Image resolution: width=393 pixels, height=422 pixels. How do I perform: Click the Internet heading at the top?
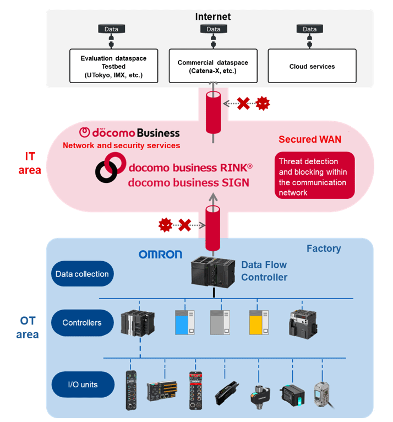click(x=213, y=17)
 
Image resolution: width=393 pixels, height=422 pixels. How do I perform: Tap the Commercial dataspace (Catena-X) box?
click(x=212, y=67)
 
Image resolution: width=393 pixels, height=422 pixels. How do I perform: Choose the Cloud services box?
click(x=312, y=67)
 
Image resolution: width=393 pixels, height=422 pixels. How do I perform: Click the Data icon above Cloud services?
click(x=309, y=29)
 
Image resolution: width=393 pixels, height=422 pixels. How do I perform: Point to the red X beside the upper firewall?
click(x=243, y=102)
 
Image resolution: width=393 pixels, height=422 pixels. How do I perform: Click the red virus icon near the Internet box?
click(x=264, y=102)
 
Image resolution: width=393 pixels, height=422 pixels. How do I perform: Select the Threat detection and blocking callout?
click(x=314, y=177)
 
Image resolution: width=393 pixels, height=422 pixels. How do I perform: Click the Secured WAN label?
click(x=309, y=139)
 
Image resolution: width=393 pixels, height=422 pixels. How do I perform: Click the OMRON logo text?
click(x=160, y=254)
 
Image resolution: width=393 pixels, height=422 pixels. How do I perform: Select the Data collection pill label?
click(x=82, y=274)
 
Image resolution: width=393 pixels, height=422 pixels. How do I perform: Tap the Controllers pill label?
click(x=82, y=322)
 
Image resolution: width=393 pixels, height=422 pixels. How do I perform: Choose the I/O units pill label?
click(x=82, y=384)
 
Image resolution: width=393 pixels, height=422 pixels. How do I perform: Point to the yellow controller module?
click(x=258, y=322)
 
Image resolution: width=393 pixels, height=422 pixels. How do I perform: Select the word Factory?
click(x=324, y=248)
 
